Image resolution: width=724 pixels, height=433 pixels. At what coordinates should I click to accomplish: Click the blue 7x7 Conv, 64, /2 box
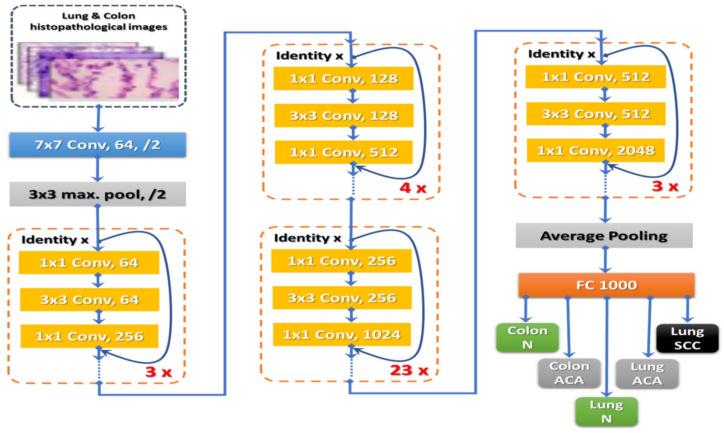coord(97,145)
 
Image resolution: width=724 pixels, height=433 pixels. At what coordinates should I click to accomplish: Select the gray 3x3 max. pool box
coord(97,194)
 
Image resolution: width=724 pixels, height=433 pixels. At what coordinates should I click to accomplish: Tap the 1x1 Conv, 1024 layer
coord(342,334)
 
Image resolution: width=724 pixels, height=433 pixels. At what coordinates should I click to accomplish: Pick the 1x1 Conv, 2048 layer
coord(596,150)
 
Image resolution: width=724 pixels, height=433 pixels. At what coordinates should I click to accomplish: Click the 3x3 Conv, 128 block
coord(344,115)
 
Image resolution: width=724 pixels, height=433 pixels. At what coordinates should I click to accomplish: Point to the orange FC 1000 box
coord(606,285)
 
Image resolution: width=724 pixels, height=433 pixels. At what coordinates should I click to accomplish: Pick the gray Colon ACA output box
coord(569,373)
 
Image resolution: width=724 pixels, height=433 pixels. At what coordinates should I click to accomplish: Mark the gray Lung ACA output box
coord(647,374)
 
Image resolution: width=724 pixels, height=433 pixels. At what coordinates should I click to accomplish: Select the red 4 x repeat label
coord(413,188)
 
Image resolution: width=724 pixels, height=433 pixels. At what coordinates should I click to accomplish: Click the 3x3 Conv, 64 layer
coord(89,300)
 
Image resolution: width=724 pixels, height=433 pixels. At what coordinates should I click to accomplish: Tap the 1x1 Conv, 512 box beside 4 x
coord(344,152)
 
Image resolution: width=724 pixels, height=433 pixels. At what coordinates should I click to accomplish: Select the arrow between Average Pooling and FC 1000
coord(605,260)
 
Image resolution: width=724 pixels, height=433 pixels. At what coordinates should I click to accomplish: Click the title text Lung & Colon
coord(99,16)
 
